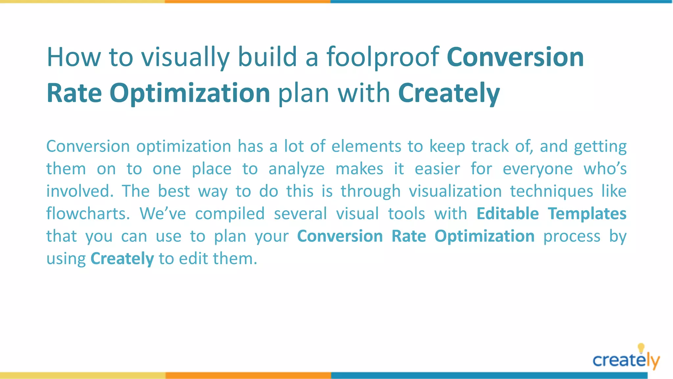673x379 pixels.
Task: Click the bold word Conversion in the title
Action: click(515, 57)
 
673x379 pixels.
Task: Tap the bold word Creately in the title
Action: click(449, 93)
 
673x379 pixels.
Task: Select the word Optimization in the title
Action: click(190, 93)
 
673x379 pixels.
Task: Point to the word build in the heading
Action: click(267, 57)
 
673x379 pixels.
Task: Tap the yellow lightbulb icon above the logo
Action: click(641, 348)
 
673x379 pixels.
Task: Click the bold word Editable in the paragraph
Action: click(508, 214)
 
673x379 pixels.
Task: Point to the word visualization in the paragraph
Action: click(455, 191)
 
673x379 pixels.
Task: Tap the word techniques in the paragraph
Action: click(551, 191)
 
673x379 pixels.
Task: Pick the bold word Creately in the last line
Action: click(122, 259)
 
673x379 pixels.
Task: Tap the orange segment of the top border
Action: click(247, 2)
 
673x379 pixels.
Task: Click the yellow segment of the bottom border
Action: click(82, 375)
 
